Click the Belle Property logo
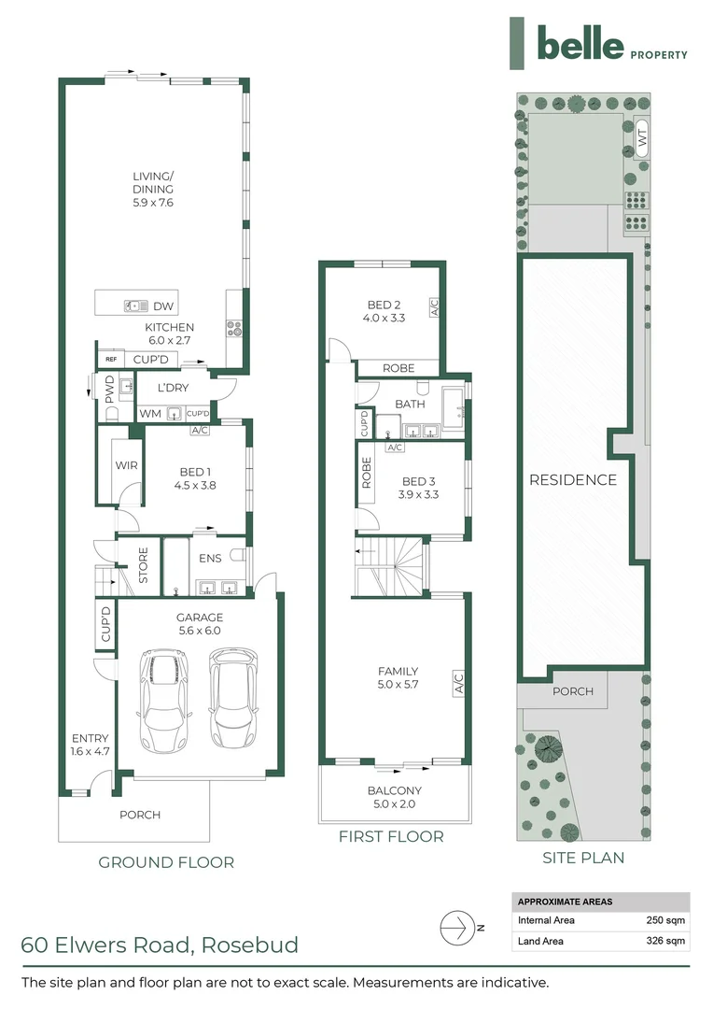[598, 43]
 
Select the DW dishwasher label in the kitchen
[164, 306]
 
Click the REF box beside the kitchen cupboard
[110, 359]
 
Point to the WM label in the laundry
[149, 413]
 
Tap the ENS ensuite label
[211, 559]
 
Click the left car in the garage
[162, 701]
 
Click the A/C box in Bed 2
[434, 306]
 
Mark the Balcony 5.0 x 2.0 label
[393, 797]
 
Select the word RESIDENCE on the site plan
[573, 479]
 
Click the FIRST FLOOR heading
[392, 836]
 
